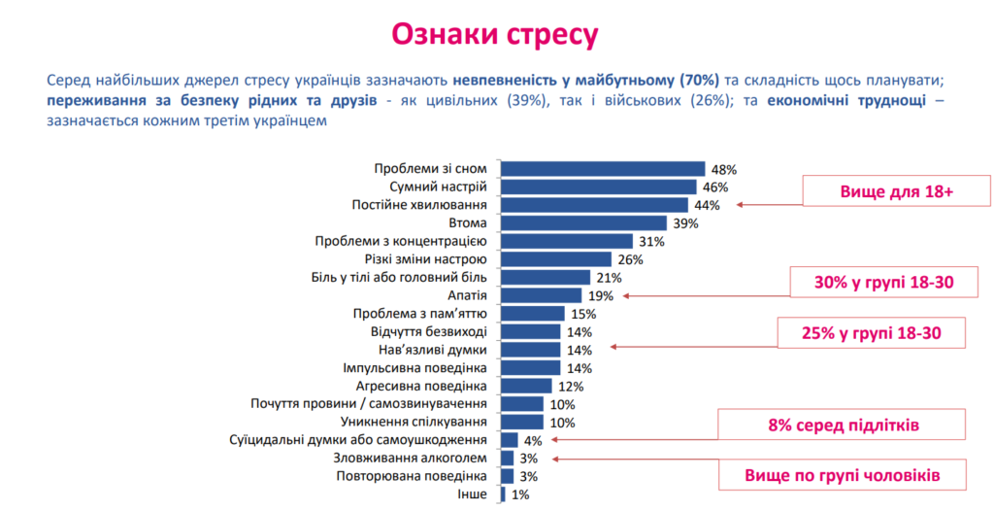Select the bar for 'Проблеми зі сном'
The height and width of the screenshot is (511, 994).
[602, 168]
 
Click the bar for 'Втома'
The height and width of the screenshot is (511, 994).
[583, 222]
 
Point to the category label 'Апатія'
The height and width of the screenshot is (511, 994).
[467, 295]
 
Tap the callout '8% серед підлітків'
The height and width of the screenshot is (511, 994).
[842, 425]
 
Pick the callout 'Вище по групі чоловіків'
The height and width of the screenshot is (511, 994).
[842, 475]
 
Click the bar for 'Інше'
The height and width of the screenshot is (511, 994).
[503, 494]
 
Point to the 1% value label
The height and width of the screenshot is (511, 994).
[519, 494]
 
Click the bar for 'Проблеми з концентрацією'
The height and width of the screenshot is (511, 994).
[566, 241]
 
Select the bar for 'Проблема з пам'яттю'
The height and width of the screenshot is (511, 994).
[532, 313]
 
